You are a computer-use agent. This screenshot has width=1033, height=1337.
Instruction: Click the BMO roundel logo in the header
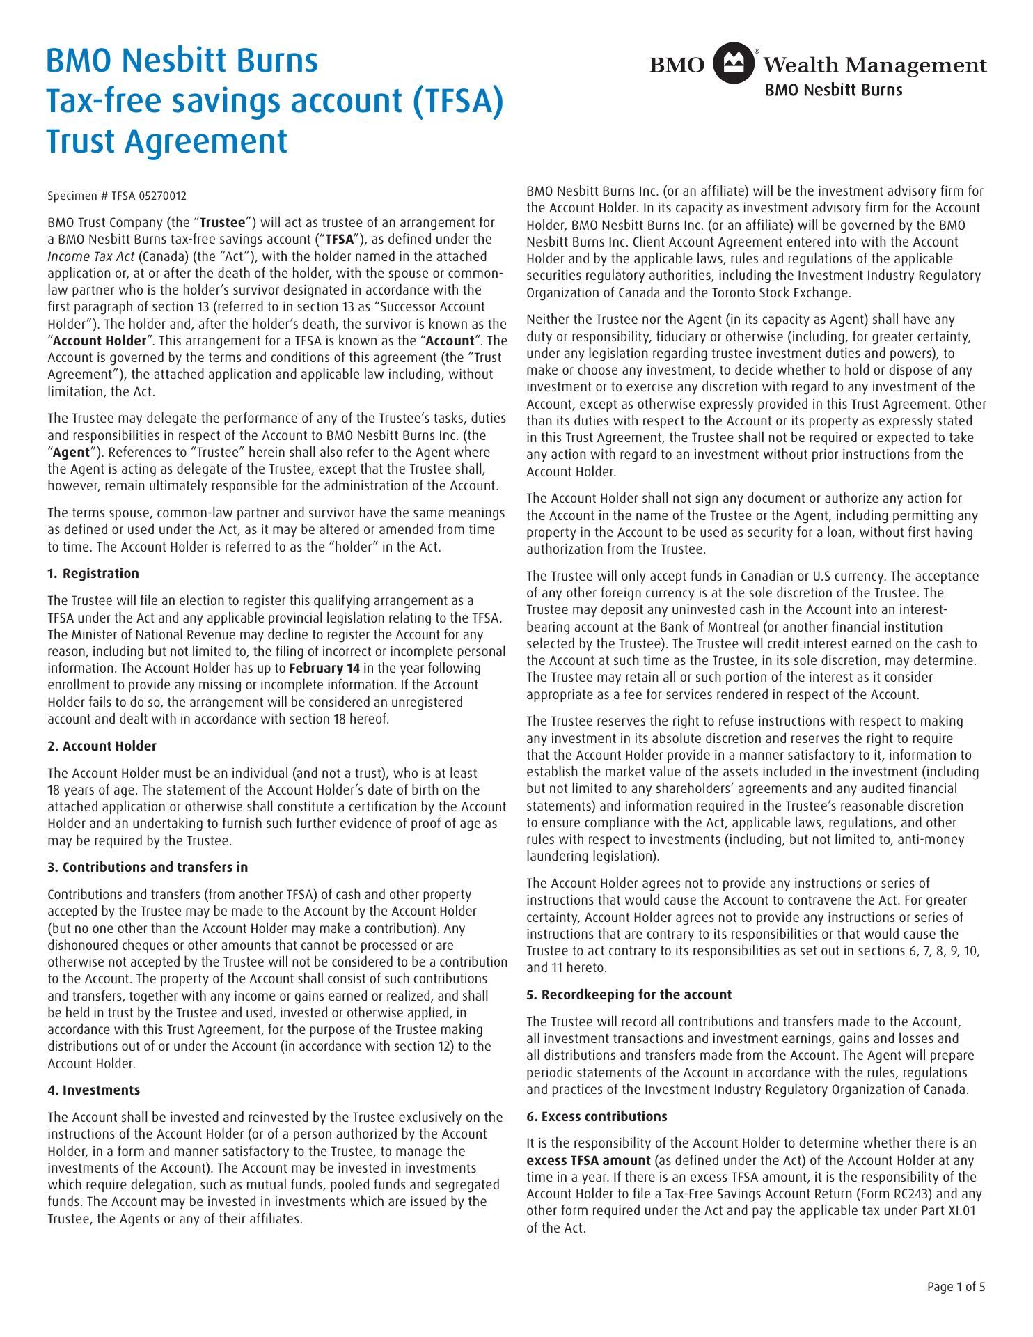click(x=731, y=65)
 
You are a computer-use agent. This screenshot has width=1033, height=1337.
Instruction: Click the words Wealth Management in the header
click(x=875, y=66)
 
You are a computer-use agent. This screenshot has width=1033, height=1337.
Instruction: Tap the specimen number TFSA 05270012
click(x=117, y=196)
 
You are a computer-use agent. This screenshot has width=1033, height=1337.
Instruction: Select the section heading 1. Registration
click(x=93, y=574)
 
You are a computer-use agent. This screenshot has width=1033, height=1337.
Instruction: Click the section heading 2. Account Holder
click(x=102, y=746)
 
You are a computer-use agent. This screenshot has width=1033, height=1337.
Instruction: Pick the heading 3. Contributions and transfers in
click(x=148, y=868)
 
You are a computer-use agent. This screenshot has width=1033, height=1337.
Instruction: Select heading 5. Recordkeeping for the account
click(x=629, y=995)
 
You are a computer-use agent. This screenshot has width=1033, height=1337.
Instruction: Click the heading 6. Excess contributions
click(x=597, y=1117)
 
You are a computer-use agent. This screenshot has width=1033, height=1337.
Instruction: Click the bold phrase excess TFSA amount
click(x=589, y=1161)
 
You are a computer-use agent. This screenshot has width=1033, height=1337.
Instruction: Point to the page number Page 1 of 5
click(x=956, y=1287)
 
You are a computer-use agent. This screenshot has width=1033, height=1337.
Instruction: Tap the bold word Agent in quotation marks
click(x=71, y=453)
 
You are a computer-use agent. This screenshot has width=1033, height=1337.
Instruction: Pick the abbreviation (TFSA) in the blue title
click(x=457, y=101)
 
